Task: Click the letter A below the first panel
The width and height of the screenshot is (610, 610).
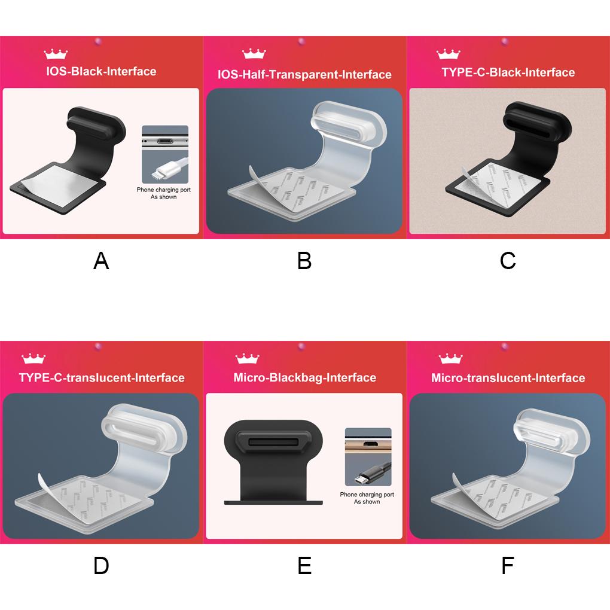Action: coord(101,261)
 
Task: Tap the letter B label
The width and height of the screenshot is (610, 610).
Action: coord(304,261)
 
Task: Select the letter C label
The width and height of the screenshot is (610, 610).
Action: coord(508,261)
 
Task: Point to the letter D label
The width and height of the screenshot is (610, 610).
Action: coord(101,566)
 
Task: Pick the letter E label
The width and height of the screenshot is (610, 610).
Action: coord(304,566)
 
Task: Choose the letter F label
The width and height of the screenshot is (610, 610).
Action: coord(508,566)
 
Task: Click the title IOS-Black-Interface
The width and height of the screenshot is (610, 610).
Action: coord(101,71)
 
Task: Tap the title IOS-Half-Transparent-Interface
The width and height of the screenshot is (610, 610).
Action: coord(304,74)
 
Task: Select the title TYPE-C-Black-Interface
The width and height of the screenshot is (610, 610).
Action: coord(508,72)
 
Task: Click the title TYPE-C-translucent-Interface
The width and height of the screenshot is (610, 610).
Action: coord(102,378)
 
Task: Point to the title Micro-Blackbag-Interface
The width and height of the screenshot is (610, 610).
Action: coord(304,378)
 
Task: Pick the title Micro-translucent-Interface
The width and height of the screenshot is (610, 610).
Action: coord(508,378)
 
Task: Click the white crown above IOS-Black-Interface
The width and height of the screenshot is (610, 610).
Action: coord(56,54)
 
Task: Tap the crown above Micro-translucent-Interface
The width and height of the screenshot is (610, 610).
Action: coord(450,359)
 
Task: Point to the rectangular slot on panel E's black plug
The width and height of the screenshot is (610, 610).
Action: coord(273,443)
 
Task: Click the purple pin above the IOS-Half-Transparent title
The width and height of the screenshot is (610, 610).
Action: coord(301,41)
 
